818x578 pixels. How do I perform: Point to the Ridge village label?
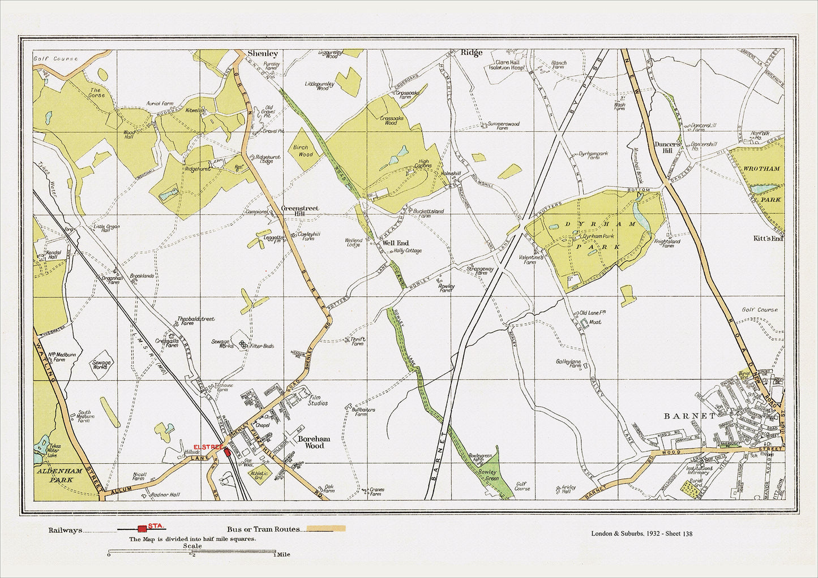click(471, 53)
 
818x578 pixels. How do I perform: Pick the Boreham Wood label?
click(311, 442)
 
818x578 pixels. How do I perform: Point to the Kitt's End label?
click(768, 239)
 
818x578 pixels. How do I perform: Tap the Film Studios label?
click(317, 400)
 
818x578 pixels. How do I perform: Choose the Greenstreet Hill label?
click(299, 212)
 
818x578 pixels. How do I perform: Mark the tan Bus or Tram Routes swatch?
click(326, 529)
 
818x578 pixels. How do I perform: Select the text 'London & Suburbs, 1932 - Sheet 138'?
click(641, 533)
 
